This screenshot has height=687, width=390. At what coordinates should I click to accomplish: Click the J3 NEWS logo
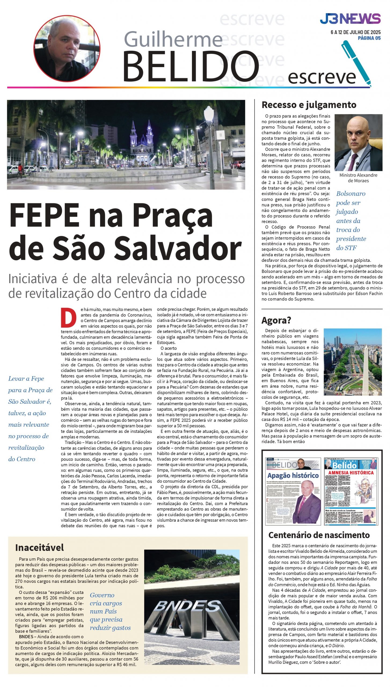(350, 19)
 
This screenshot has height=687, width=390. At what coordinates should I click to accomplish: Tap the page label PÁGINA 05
(369, 38)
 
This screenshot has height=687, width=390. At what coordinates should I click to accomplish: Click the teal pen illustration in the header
(356, 63)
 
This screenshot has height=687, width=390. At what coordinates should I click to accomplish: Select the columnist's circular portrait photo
(67, 49)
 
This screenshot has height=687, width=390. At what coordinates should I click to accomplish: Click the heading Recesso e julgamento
(309, 105)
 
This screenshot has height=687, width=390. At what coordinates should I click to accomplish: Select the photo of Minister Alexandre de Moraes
(358, 142)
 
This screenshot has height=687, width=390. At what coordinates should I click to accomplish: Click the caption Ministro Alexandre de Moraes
(358, 178)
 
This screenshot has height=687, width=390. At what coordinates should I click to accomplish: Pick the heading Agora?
(276, 320)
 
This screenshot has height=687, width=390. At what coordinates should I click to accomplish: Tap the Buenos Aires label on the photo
(365, 392)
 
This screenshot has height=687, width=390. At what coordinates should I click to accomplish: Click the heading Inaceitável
(39, 547)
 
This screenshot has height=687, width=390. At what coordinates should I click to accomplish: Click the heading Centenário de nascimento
(319, 535)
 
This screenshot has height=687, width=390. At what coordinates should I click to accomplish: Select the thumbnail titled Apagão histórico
(293, 491)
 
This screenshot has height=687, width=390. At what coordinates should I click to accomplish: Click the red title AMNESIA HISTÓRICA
(351, 473)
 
